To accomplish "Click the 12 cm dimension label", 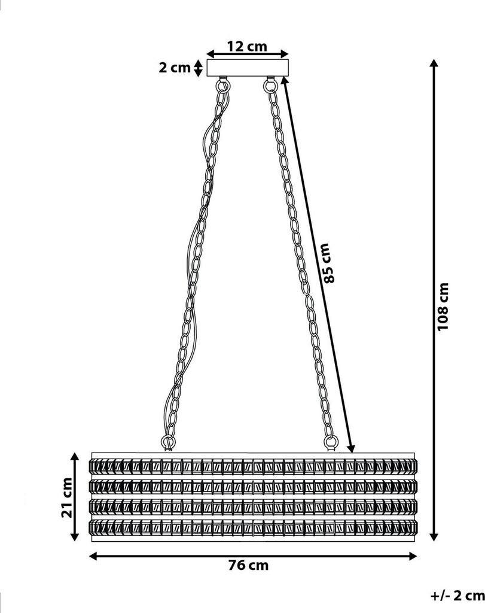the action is (246, 47).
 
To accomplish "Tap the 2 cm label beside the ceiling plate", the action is (174, 68).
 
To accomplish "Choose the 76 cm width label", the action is (248, 565).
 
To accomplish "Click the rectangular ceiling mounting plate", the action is (248, 68).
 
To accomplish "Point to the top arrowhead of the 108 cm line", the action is (434, 63).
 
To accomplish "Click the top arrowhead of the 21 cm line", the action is (75, 458).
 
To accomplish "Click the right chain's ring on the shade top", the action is (330, 444).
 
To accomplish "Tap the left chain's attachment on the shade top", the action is (168, 444).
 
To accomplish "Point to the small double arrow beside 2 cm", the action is (199, 68).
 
